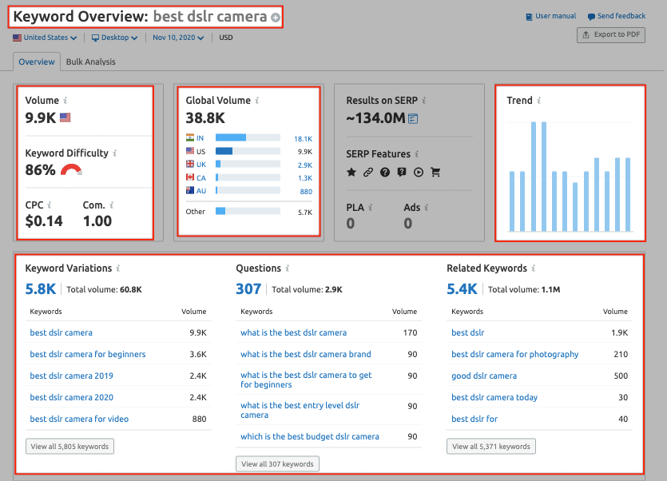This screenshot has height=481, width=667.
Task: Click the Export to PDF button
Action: [x=610, y=34]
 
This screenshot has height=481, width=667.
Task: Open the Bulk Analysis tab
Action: [x=90, y=62]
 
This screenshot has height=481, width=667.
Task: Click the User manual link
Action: [x=551, y=16]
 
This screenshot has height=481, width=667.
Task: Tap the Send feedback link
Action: [x=616, y=16]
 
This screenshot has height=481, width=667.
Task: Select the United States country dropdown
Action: [x=46, y=38]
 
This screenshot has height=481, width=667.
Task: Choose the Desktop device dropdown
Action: [x=114, y=38]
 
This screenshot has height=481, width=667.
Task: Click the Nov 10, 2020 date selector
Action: [x=178, y=38]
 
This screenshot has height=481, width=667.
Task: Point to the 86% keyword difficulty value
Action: [x=41, y=169]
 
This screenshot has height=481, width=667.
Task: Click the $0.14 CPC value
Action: [x=44, y=221]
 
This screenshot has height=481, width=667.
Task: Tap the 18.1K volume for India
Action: [x=303, y=138]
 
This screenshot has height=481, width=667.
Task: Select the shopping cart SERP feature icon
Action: [x=435, y=172]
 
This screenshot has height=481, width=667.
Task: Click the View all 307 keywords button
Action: [x=277, y=463]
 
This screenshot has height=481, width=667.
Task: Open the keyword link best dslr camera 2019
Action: [x=72, y=376]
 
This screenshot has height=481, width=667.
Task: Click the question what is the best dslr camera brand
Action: [x=306, y=354]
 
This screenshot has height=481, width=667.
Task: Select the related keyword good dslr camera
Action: [x=484, y=376]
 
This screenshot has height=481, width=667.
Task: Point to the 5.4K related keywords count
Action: [x=463, y=288]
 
